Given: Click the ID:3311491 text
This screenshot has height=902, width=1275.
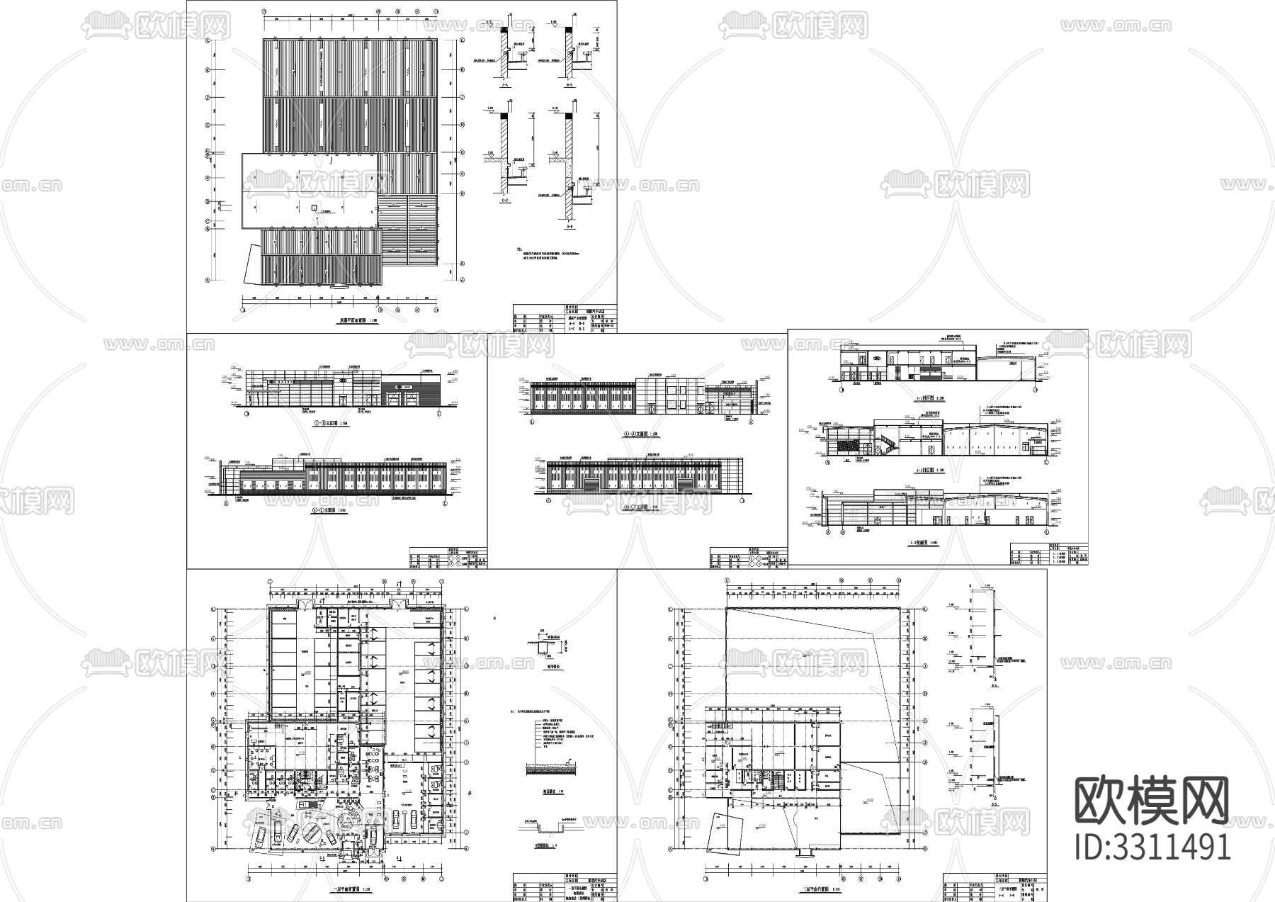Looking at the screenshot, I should click(x=1152, y=847).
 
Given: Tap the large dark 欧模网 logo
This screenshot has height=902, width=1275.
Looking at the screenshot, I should click(x=1152, y=800).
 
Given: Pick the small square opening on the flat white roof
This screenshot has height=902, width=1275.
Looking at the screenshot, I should click(x=313, y=207).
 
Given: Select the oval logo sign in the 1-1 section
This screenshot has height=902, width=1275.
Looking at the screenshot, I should click(x=875, y=359).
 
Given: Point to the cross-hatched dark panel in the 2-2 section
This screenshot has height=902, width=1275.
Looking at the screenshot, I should click(x=847, y=444).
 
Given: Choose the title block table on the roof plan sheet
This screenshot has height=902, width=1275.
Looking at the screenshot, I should click(x=564, y=318).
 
